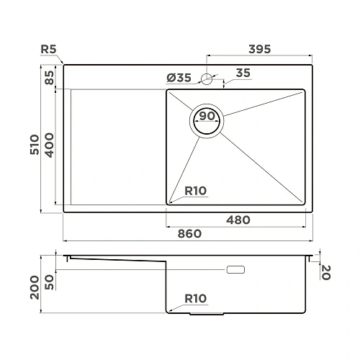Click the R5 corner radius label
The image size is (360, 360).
click(x=49, y=50)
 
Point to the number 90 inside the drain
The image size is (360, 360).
click(x=207, y=117)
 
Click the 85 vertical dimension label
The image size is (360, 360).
click(x=49, y=77)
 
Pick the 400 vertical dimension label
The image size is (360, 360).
click(x=49, y=148)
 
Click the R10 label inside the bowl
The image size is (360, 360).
click(x=195, y=191)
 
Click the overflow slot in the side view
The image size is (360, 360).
click(x=236, y=271)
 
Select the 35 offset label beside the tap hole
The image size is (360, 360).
click(x=243, y=73)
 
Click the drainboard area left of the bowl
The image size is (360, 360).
click(x=115, y=148)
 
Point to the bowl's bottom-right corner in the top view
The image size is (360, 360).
click(x=303, y=204)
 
